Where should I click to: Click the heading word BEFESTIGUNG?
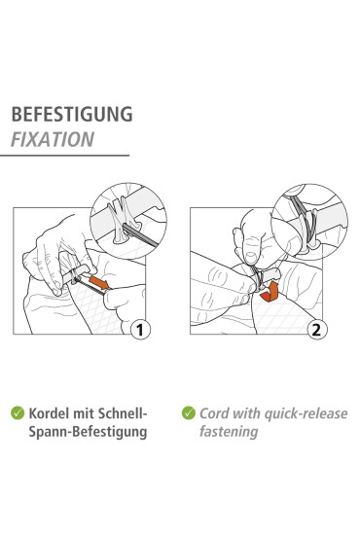[x=72, y=115]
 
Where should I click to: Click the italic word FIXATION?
[x=53, y=139]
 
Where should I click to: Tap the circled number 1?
[x=140, y=330]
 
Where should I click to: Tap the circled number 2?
[x=317, y=330]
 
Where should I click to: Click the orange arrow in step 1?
[x=99, y=282]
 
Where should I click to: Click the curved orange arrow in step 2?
[x=269, y=293]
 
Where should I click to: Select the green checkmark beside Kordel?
[x=18, y=412]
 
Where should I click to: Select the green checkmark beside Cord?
[x=189, y=412]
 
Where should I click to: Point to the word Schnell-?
[x=123, y=413]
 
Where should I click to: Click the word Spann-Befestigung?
[x=88, y=432]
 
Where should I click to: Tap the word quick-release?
[x=306, y=413]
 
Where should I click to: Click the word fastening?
[x=229, y=432]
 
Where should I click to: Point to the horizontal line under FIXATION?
[x=64, y=156]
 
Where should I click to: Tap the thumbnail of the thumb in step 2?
[x=251, y=257]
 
